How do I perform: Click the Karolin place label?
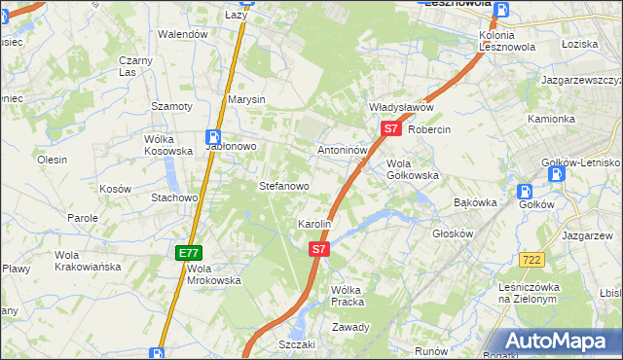(x=315, y=225)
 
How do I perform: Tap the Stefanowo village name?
(x=283, y=185)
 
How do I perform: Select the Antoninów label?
(x=342, y=152)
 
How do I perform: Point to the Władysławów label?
(x=400, y=107)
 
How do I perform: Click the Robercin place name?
(x=429, y=128)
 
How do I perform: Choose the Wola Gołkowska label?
(x=413, y=169)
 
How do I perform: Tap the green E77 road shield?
(x=190, y=253)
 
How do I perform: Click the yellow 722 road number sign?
(x=531, y=260)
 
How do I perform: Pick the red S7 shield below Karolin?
(x=319, y=250)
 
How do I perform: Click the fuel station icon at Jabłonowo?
(x=212, y=138)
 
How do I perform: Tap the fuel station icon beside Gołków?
(x=556, y=174)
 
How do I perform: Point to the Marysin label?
(x=246, y=100)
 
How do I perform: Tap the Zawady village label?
(x=350, y=327)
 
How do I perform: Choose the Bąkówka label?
(x=476, y=203)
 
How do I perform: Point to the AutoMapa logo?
(x=555, y=341)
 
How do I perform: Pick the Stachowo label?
(x=174, y=198)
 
